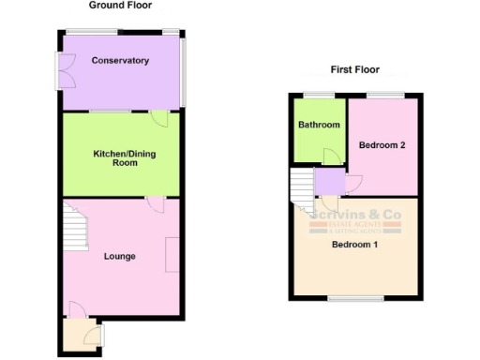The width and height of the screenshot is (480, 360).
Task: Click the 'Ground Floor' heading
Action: pyautogui.click(x=121, y=6)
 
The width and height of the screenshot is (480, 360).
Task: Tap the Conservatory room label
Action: pyautogui.click(x=120, y=61)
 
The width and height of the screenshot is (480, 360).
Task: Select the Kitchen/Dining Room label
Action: pyautogui.click(x=121, y=157)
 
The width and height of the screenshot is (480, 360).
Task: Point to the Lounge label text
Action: pyautogui.click(x=120, y=256)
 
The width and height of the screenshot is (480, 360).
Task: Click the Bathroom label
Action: pyautogui.click(x=319, y=125)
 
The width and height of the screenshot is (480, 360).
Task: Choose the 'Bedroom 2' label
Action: pyautogui.click(x=383, y=144)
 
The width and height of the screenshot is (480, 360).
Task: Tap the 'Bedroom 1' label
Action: pyautogui.click(x=354, y=246)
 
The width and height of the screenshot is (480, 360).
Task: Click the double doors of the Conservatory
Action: pyautogui.click(x=66, y=70)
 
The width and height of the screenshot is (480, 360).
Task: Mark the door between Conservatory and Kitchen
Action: pyautogui.click(x=159, y=118)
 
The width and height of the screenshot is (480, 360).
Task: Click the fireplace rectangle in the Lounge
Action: pyautogui.click(x=172, y=255)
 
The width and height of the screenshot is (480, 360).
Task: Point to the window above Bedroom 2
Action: pyautogui.click(x=384, y=95)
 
